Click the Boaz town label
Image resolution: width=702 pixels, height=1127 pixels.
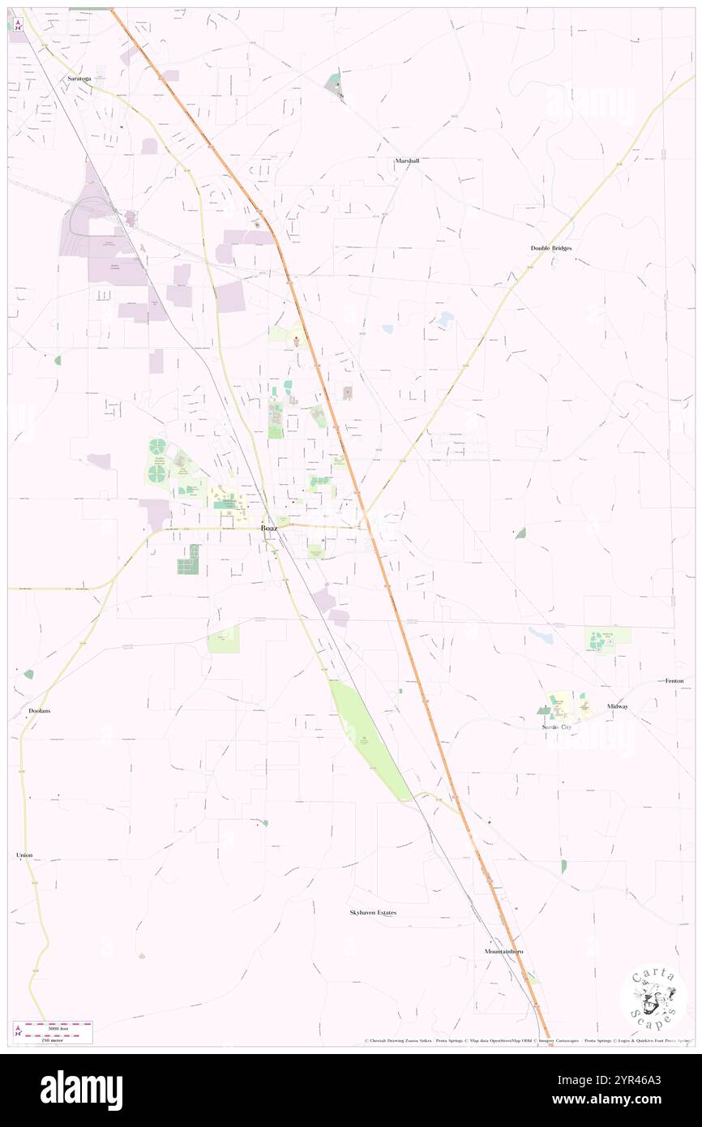click(x=269, y=529)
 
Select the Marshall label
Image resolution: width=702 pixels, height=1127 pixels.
click(x=407, y=161)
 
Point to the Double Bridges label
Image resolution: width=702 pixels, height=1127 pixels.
click(x=551, y=248)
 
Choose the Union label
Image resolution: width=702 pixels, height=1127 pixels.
click(x=24, y=855)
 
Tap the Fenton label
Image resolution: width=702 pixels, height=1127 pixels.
click(x=674, y=681)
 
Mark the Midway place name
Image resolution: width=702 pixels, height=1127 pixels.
click(x=618, y=706)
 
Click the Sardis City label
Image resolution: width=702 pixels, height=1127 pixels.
click(x=557, y=727)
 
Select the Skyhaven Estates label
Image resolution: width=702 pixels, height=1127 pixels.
click(x=373, y=912)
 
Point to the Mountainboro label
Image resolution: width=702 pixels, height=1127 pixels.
click(x=503, y=951)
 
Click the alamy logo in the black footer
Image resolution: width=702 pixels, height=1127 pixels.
click(x=81, y=1091)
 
